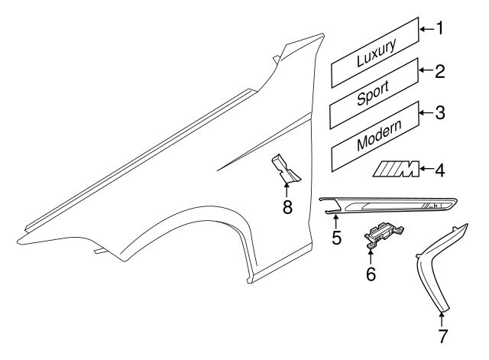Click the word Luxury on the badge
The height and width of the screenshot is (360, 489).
[x=374, y=53]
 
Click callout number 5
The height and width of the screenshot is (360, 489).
[x=336, y=236]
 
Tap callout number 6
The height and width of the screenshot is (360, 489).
[x=371, y=273]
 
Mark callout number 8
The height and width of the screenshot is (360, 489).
[x=287, y=206]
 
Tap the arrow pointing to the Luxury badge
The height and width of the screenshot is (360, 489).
[x=426, y=29]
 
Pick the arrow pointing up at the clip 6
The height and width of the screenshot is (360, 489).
[x=371, y=255]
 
